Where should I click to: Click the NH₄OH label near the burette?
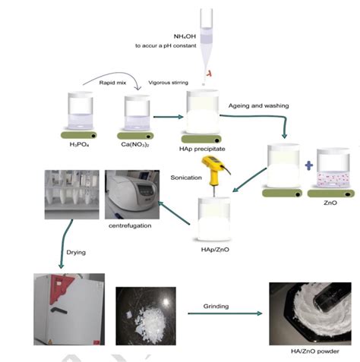click(185, 36)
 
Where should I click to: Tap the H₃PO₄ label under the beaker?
click(79, 144)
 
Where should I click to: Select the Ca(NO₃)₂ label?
click(135, 144)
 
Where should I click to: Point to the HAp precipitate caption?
click(202, 149)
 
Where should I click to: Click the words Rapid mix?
click(112, 83)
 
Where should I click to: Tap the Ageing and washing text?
click(258, 105)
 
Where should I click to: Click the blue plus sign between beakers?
click(309, 165)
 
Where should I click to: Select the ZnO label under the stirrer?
click(330, 203)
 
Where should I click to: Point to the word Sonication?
click(186, 178)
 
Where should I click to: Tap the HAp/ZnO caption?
click(215, 250)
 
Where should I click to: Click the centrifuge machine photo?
click(132, 194)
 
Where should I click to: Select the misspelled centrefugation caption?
click(130, 225)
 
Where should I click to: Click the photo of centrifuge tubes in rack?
click(72, 194)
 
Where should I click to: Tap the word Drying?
click(76, 253)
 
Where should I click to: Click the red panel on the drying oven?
click(60, 288)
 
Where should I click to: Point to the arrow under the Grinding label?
click(225, 313)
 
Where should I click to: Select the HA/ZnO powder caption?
click(315, 351)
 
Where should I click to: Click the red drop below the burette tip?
click(209, 74)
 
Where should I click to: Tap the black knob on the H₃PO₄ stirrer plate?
click(93, 136)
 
